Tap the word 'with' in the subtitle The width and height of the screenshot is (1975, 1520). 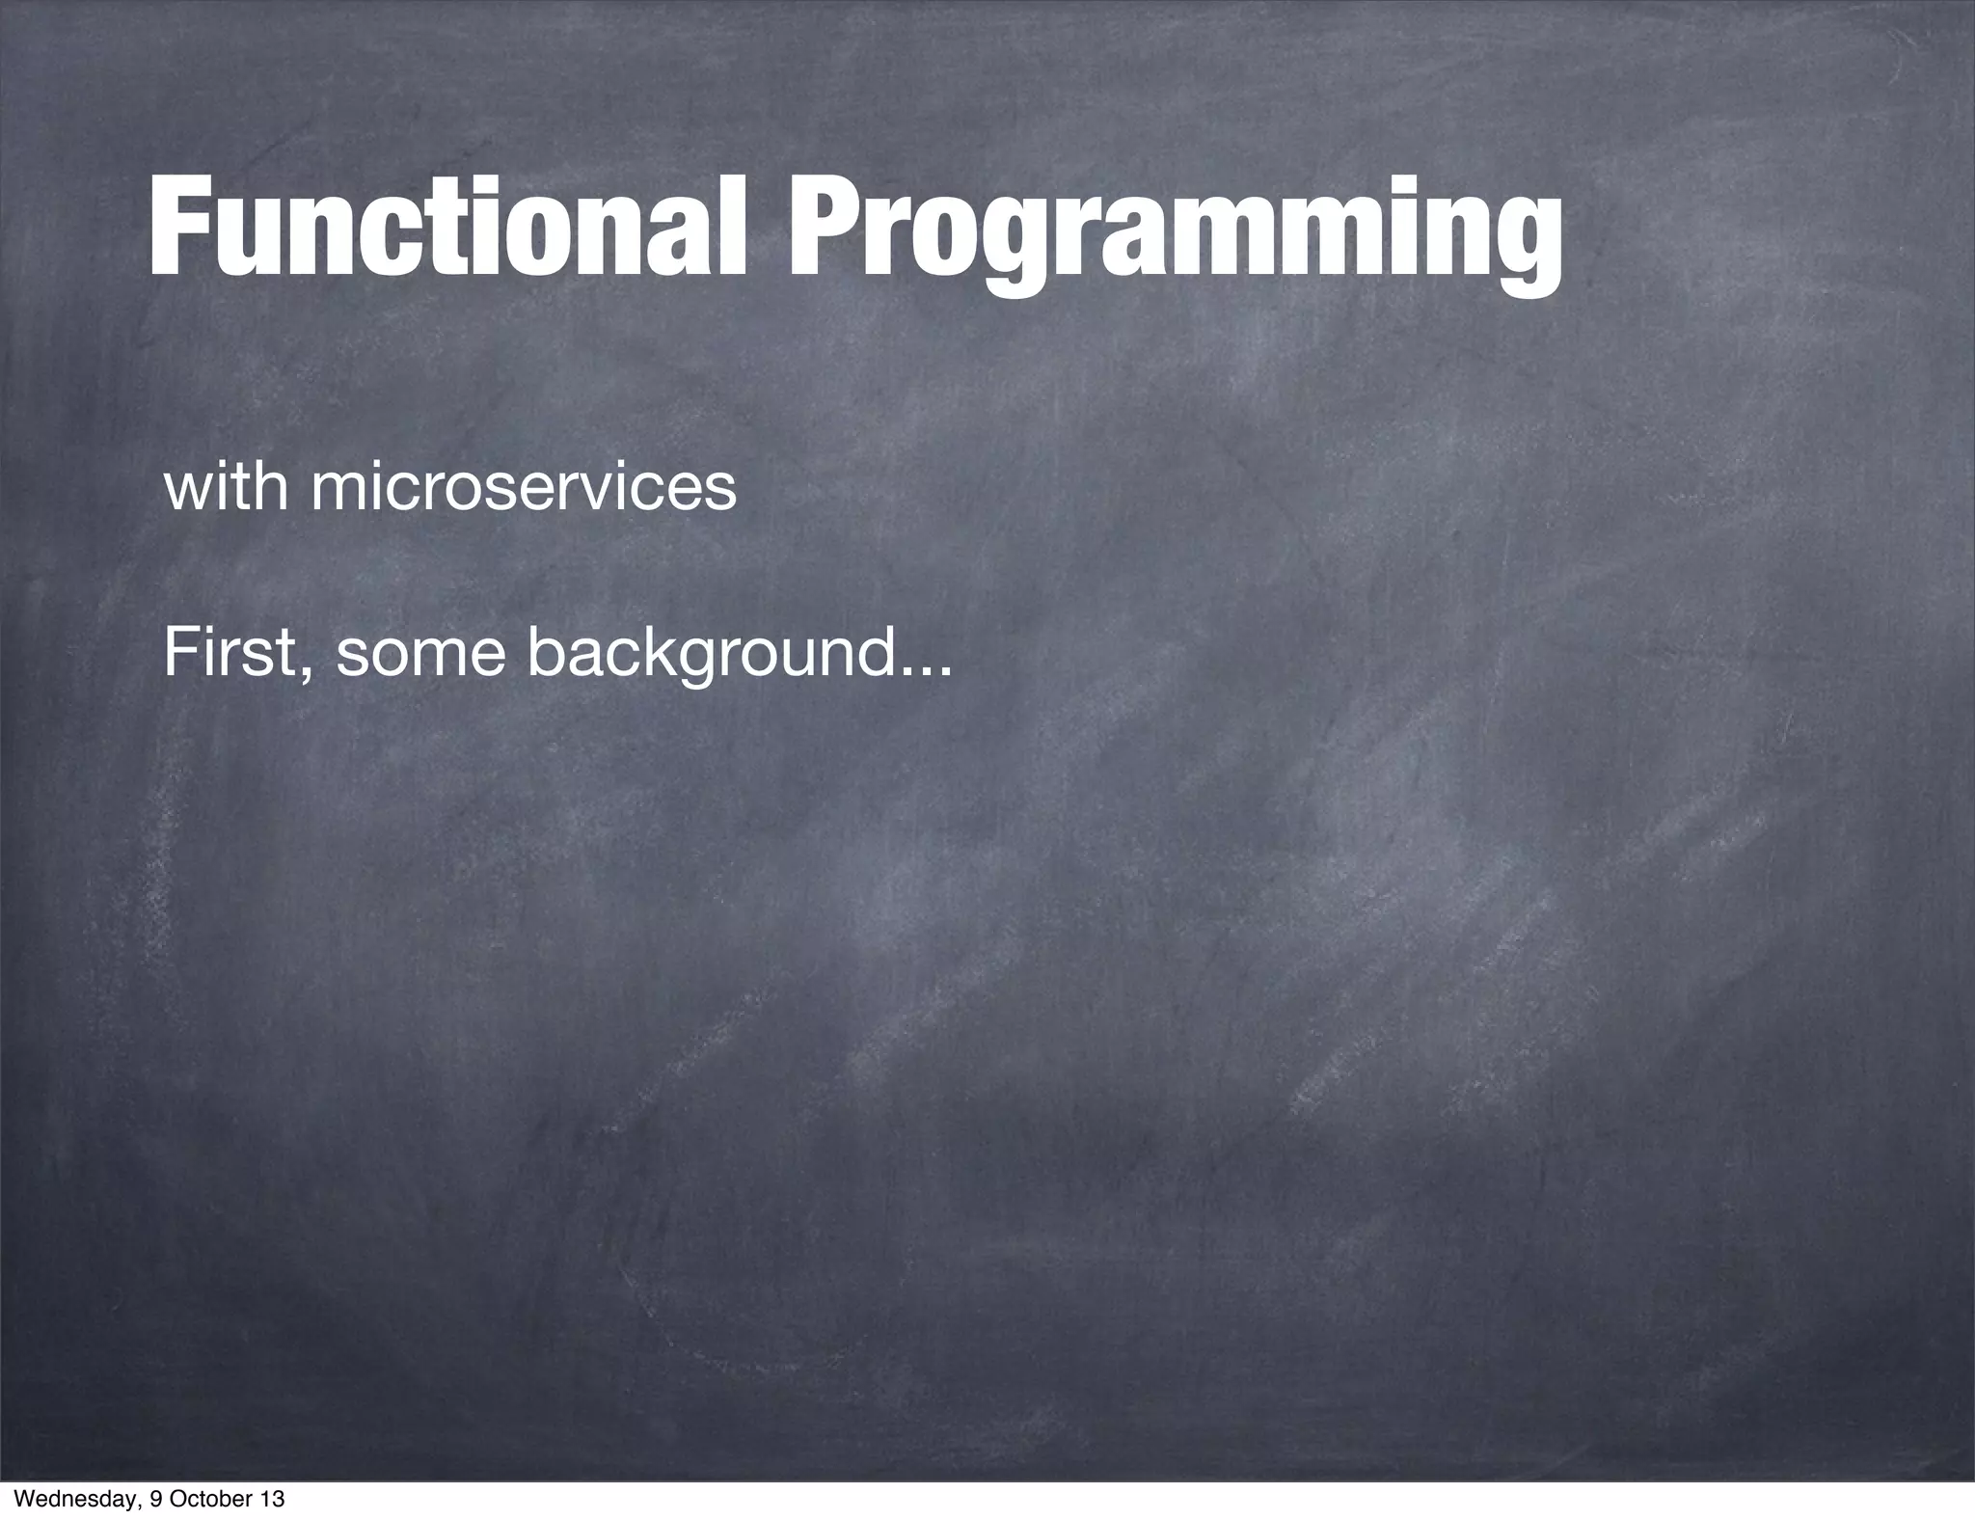click(x=226, y=487)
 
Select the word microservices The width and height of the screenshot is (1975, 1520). click(x=523, y=488)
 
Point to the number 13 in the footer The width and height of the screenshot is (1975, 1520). click(x=272, y=1500)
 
